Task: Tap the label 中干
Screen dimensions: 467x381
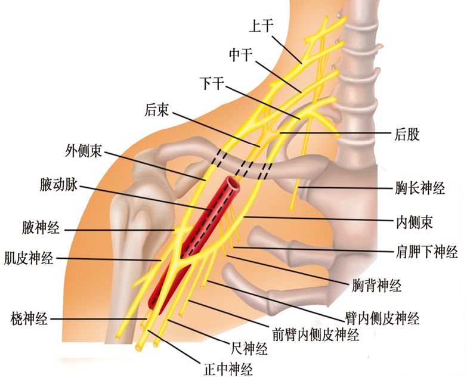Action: tap(241, 55)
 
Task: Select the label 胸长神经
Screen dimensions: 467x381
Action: tap(420, 190)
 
